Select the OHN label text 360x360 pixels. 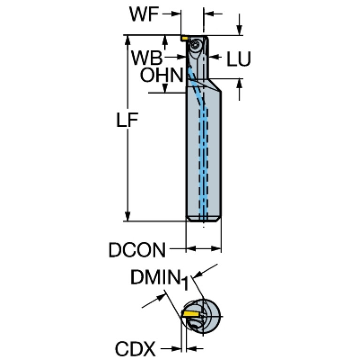pyautogui.click(x=161, y=75)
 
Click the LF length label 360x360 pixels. pyautogui.click(x=126, y=121)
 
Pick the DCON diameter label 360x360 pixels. pyautogui.click(x=137, y=250)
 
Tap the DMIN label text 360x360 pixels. pyautogui.click(x=155, y=278)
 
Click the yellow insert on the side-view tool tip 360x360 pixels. pyautogui.click(x=185, y=38)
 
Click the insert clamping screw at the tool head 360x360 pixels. pyautogui.click(x=195, y=46)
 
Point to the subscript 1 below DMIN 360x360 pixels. pyautogui.click(x=186, y=284)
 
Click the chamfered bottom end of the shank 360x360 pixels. pyautogui.click(x=204, y=219)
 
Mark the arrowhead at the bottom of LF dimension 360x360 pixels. pyautogui.click(x=127, y=216)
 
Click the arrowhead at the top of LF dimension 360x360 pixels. pyautogui.click(x=127, y=39)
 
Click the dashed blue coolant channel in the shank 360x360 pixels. pyautogui.click(x=203, y=164)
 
